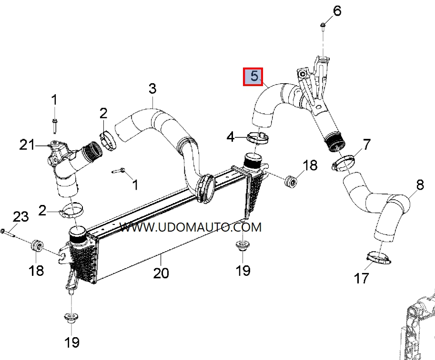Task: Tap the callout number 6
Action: pyautogui.click(x=337, y=10)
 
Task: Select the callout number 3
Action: pyautogui.click(x=152, y=88)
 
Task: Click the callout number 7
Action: pyautogui.click(x=366, y=144)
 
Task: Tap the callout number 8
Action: pyautogui.click(x=419, y=185)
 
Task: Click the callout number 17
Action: pyautogui.click(x=362, y=277)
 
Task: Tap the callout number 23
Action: pyautogui.click(x=20, y=217)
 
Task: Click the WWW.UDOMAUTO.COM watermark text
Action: pyautogui.click(x=191, y=227)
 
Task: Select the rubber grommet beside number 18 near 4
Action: pyautogui.click(x=290, y=182)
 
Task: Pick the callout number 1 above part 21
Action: pyautogui.click(x=54, y=100)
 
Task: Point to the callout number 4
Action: pyautogui.click(x=231, y=137)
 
